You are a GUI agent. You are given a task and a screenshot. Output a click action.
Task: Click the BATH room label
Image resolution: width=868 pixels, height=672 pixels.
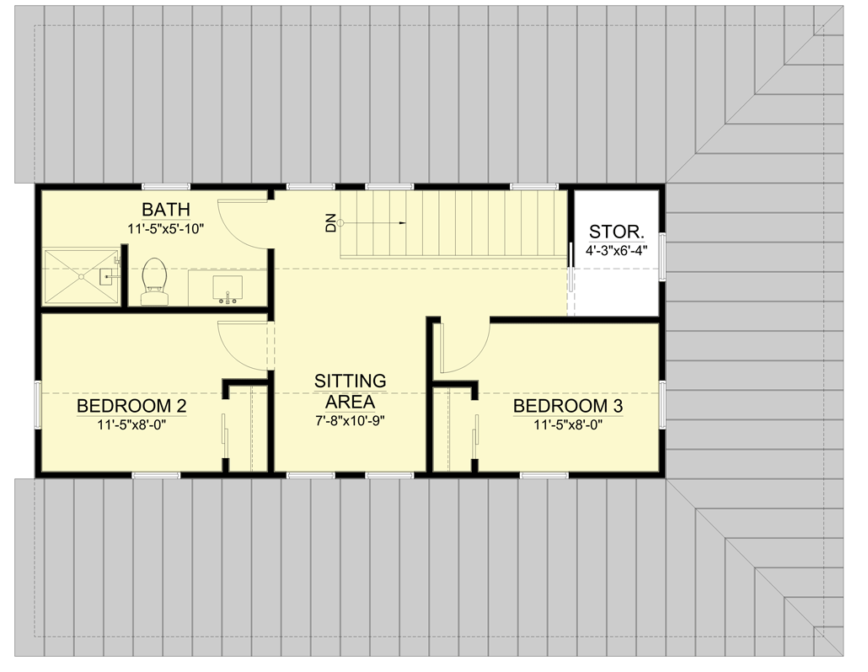(x=165, y=209)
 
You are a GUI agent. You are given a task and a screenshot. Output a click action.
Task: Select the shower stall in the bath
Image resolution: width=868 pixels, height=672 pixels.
(x=81, y=275)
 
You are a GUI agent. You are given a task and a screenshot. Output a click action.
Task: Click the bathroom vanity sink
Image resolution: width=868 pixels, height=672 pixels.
(x=227, y=288)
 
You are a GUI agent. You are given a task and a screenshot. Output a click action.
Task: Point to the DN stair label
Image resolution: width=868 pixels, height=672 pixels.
(x=331, y=223)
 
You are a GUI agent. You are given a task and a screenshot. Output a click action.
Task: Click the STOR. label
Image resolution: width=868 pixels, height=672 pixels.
(x=617, y=231)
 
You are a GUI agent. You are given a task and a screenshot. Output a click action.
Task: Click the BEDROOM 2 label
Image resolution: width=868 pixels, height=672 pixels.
(x=131, y=407)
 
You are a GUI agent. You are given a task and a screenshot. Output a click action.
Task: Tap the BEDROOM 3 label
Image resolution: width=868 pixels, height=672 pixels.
(x=568, y=407)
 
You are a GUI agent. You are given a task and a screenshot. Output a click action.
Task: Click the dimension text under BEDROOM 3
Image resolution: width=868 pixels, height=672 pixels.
(x=568, y=425)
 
